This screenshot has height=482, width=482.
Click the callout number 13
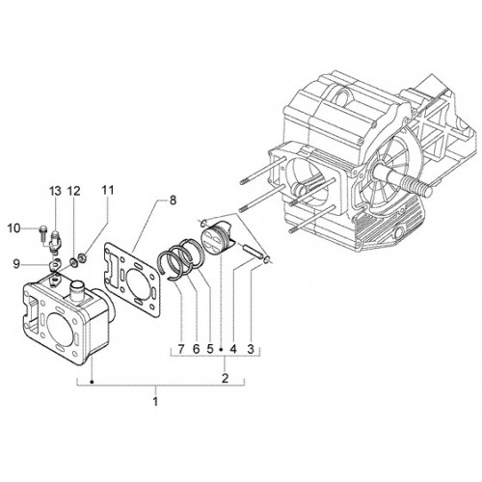coord(55,191)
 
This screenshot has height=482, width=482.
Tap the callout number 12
coord(73,191)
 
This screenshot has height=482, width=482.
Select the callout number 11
coord(108,190)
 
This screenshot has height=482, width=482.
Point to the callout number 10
coord(13,228)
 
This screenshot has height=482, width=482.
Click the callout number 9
coord(16,264)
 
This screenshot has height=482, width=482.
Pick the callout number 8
coord(173,201)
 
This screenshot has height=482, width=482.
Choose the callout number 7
coord(181,349)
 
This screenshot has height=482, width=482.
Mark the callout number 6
coord(196,349)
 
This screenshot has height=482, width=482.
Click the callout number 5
coord(210,349)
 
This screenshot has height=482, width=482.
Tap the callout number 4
coord(233,349)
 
